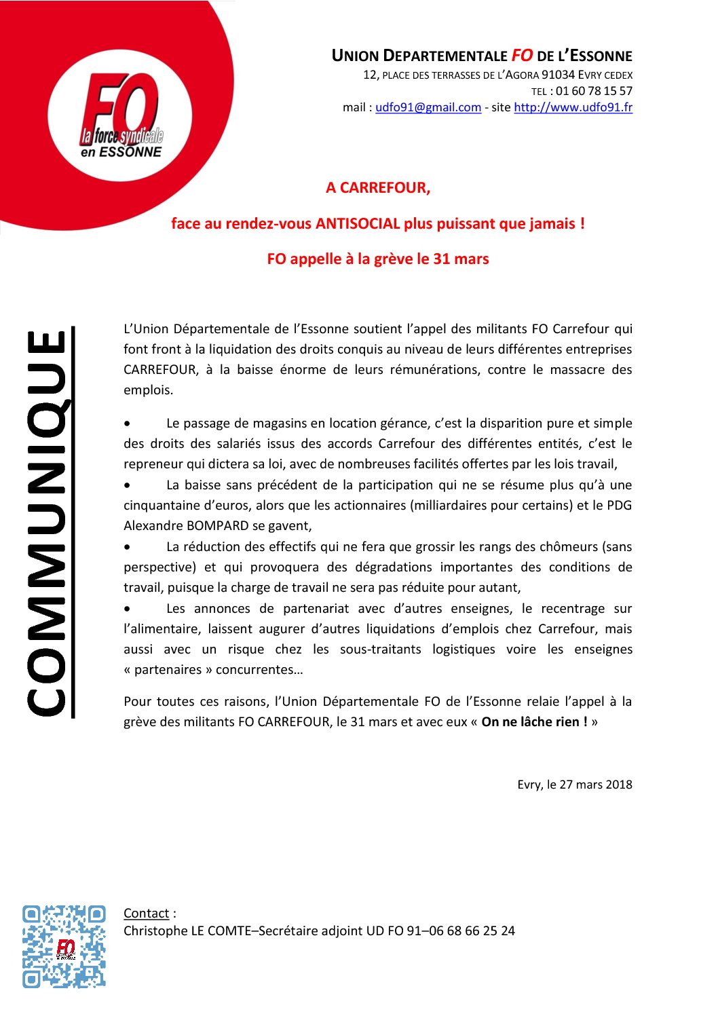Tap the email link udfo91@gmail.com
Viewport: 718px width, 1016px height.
point(428,107)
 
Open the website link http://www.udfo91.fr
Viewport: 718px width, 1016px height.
point(573,107)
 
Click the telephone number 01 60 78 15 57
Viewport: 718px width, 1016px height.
point(594,91)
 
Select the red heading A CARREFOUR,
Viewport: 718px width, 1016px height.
point(378,188)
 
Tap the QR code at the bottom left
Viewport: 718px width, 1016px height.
point(64,946)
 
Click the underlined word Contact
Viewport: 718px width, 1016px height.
point(146,914)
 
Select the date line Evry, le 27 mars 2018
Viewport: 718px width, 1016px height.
point(574,785)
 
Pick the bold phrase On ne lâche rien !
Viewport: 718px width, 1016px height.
point(535,722)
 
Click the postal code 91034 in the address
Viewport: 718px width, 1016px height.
point(558,75)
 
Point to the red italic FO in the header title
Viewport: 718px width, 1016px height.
point(522,56)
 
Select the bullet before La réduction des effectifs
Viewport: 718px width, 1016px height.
point(128,547)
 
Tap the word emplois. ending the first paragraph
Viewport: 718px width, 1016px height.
point(148,390)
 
